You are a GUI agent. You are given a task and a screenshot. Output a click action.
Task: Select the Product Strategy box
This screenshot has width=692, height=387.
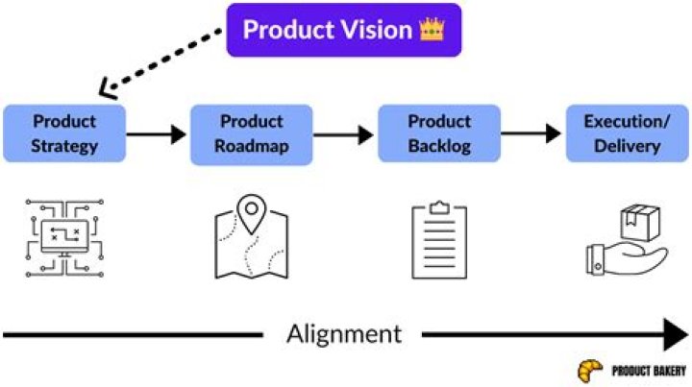click(x=63, y=134)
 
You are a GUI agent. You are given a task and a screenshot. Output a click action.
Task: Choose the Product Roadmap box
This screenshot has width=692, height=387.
click(x=251, y=134)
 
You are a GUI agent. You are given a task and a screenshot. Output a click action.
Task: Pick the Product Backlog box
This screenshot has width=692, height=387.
click(x=438, y=134)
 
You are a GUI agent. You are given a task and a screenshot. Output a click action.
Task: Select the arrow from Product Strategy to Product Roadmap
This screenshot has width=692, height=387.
click(x=157, y=134)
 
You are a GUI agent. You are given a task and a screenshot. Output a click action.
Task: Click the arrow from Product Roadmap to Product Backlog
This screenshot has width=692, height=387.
click(x=344, y=134)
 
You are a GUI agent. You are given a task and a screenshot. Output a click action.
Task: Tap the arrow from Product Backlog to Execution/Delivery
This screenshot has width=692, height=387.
click(x=531, y=134)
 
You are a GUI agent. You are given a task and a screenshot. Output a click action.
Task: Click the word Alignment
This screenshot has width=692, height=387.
click(x=344, y=334)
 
